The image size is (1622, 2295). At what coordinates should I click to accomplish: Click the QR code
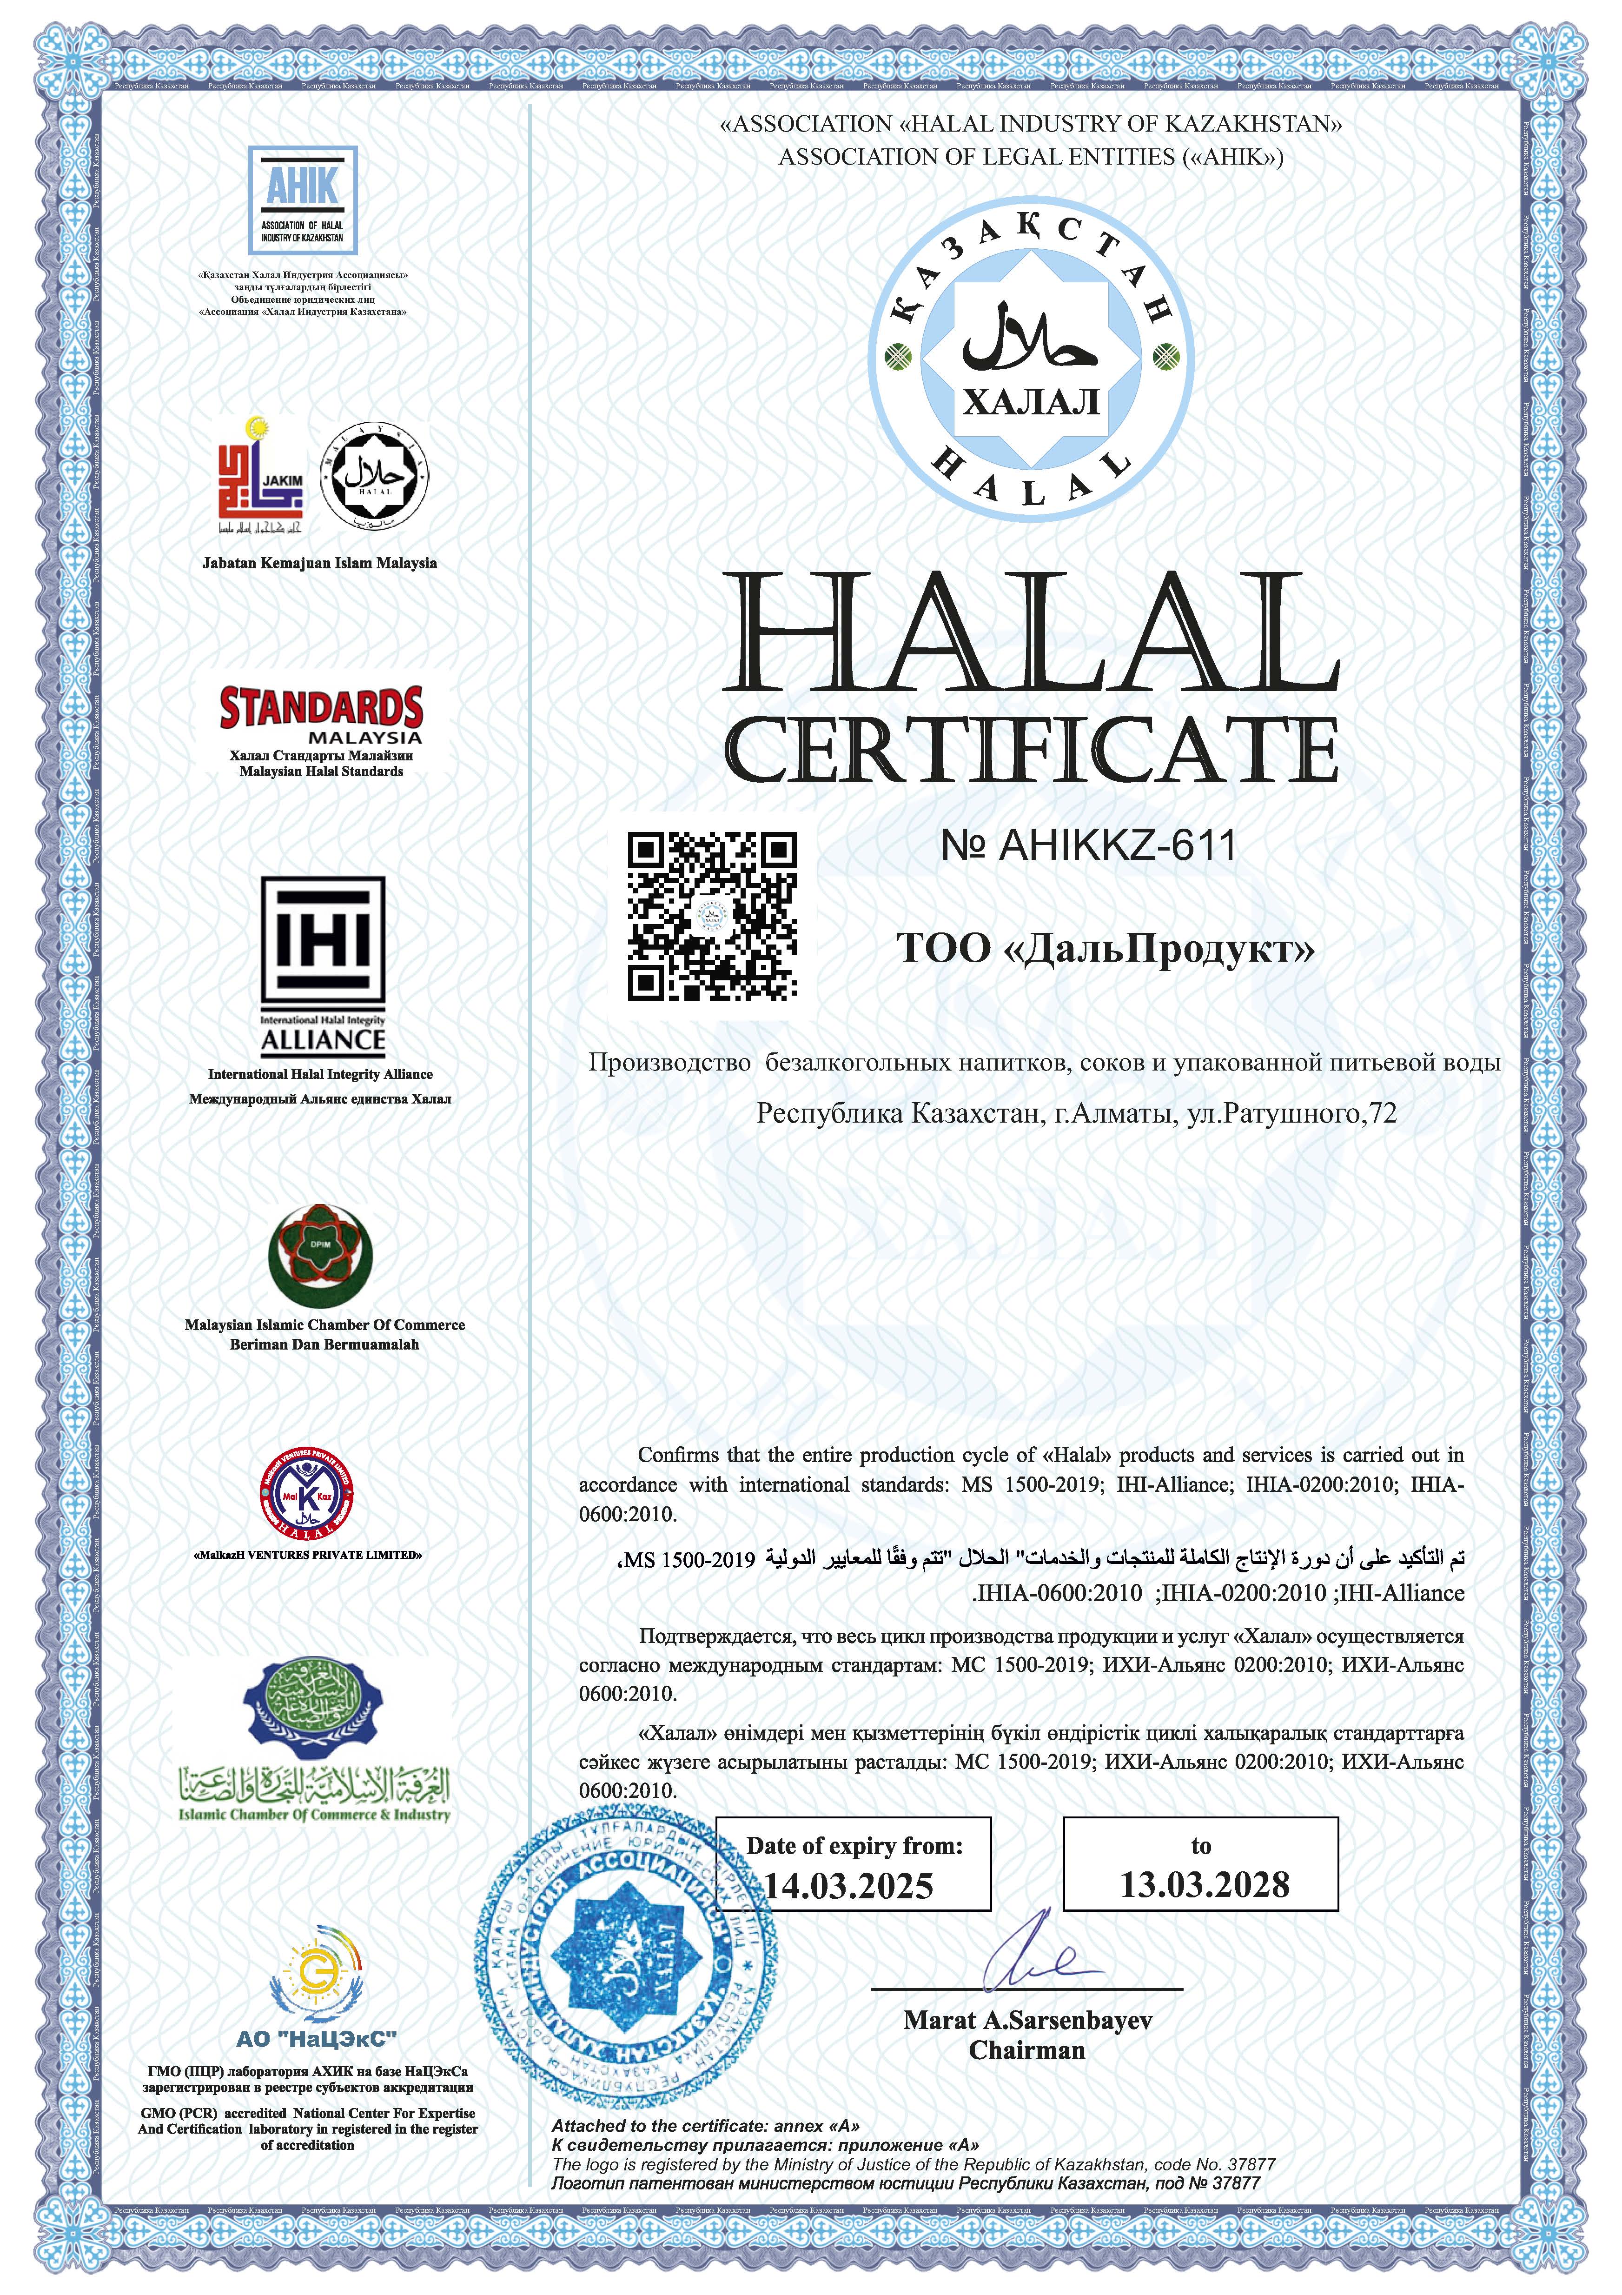[712, 916]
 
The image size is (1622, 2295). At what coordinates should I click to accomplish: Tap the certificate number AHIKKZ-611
[1089, 845]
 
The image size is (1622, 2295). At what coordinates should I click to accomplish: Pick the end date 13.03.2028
[1204, 1884]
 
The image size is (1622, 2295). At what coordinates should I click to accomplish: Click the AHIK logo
[303, 200]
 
